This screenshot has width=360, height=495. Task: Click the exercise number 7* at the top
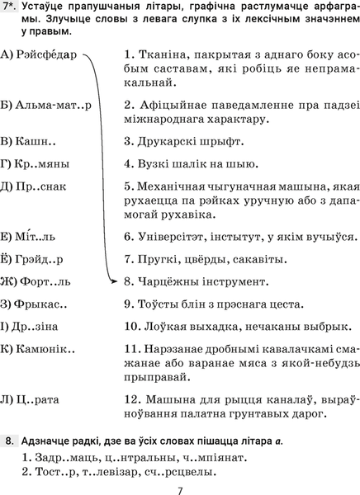click(11, 8)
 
